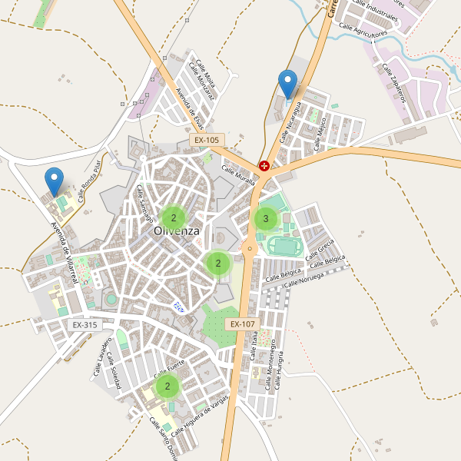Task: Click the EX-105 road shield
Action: pyautogui.click(x=207, y=141)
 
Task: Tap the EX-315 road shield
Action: pyautogui.click(x=85, y=325)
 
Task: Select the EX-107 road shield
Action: pyautogui.click(x=241, y=324)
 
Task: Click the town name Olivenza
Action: pyautogui.click(x=176, y=230)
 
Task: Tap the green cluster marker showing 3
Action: pyautogui.click(x=266, y=219)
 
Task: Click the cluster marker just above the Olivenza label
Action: pyautogui.click(x=174, y=217)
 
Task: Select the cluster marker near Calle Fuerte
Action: pyautogui.click(x=167, y=386)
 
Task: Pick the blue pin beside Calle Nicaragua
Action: pyautogui.click(x=287, y=85)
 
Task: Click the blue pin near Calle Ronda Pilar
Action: pyautogui.click(x=54, y=181)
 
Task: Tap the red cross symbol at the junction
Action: pyautogui.click(x=264, y=165)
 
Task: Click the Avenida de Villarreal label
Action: pyautogui.click(x=65, y=253)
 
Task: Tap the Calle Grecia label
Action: pyautogui.click(x=320, y=250)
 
